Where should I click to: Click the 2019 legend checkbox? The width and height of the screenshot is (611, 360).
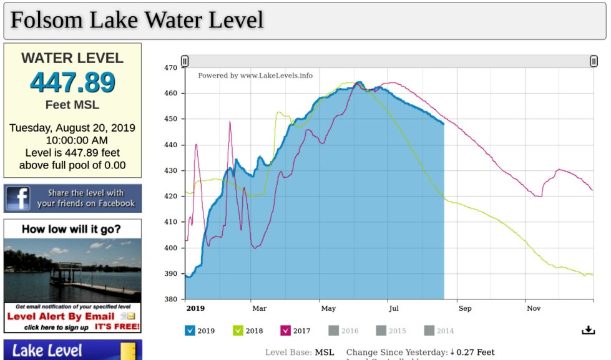(190, 331)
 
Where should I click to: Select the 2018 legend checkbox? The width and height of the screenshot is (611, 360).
(238, 331)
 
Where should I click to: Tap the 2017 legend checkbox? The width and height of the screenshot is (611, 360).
(286, 331)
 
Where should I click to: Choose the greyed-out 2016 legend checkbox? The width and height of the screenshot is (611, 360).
(333, 331)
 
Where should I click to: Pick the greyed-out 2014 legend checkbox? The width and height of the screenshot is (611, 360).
(429, 331)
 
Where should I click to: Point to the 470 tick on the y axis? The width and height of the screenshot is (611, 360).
(171, 67)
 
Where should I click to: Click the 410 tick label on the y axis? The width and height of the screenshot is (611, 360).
(171, 222)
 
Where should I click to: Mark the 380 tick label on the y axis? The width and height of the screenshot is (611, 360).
(171, 299)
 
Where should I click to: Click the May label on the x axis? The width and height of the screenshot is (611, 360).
(328, 308)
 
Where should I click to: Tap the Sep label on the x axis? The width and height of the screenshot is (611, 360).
(465, 308)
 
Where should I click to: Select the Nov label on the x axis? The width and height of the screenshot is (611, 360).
(534, 308)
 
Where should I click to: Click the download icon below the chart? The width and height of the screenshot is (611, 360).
(588, 330)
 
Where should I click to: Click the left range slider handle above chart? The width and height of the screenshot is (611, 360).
(185, 61)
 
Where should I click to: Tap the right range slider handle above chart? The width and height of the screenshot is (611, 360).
(594, 61)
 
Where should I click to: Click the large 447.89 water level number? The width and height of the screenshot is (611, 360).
(72, 82)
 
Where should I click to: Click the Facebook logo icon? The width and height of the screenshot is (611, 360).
(18, 198)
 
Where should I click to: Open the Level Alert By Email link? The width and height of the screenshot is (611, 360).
(61, 316)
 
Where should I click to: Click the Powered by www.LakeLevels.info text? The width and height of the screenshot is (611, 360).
(255, 75)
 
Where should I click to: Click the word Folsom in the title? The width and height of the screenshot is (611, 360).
(47, 20)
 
